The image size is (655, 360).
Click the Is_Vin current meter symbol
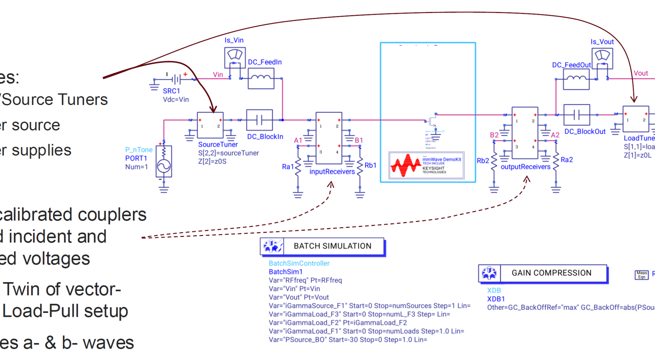pyautogui.click(x=235, y=57)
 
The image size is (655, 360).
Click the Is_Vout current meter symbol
pyautogui.click(x=602, y=58)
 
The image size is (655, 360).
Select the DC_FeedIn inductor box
pyautogui.click(x=261, y=79)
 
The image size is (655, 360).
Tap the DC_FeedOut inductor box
pyautogui.click(x=576, y=80)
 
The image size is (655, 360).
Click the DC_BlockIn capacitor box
pyautogui.click(x=259, y=120)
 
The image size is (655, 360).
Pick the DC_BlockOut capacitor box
pyautogui.click(x=576, y=115)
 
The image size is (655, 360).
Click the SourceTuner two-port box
pyautogui.click(x=210, y=125)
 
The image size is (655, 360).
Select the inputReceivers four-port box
pyautogui.click(x=328, y=138)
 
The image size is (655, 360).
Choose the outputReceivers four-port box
pyautogui.click(x=525, y=133)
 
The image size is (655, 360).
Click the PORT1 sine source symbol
pyautogui.click(x=164, y=166)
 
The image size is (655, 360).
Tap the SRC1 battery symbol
pyautogui.click(x=176, y=79)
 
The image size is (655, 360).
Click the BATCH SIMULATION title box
pyautogui.click(x=332, y=246)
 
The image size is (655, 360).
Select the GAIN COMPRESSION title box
pyautogui.click(x=552, y=273)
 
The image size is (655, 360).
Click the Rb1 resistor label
pyautogui.click(x=370, y=165)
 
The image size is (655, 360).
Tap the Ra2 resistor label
pyautogui.click(x=567, y=160)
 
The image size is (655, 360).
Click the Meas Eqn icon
pyautogui.click(x=641, y=275)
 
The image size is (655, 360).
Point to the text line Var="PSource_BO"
pyautogui.click(x=348, y=340)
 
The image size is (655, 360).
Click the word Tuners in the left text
pyautogui.click(x=83, y=99)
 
